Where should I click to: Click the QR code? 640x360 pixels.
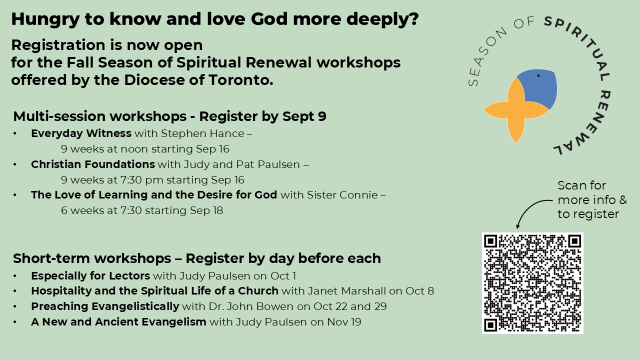(x=532, y=283)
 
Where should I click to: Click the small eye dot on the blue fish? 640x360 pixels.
(x=538, y=75)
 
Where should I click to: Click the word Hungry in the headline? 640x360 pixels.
(x=45, y=19)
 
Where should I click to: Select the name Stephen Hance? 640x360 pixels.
(x=202, y=133)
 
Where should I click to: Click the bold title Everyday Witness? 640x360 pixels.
(x=81, y=133)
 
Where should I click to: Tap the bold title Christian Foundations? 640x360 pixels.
(x=93, y=164)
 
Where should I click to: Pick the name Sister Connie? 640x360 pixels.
(x=342, y=195)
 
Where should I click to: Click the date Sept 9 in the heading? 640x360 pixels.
(x=304, y=116)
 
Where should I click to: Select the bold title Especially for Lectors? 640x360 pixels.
(x=90, y=276)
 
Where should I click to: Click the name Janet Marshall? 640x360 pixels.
(x=347, y=291)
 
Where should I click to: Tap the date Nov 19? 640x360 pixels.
(x=344, y=321)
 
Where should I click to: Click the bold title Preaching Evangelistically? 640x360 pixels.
(x=105, y=306)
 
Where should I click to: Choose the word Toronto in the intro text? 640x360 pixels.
(x=241, y=80)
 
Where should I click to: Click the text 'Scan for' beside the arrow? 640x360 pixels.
(x=581, y=185)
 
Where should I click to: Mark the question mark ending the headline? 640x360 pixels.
(x=413, y=19)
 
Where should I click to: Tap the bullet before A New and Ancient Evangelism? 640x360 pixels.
(x=15, y=322)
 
